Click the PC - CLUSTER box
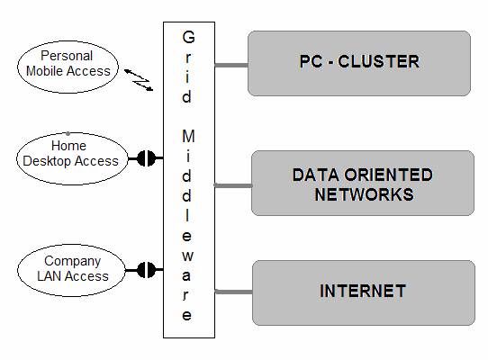(x=359, y=63)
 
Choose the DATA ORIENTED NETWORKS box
(x=363, y=183)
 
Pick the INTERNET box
(x=364, y=292)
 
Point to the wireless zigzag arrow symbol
(x=139, y=80)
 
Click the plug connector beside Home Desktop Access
(x=146, y=158)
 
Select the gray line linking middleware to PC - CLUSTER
(x=231, y=65)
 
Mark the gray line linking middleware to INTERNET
(x=233, y=292)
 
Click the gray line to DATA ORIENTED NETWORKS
(x=233, y=185)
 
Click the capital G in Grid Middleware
(x=188, y=37)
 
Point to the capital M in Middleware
(x=188, y=136)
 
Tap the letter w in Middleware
(x=187, y=256)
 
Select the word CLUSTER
(x=378, y=61)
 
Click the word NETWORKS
(x=364, y=194)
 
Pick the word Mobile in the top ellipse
(x=45, y=71)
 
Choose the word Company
(x=73, y=262)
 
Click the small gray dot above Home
(x=68, y=134)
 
